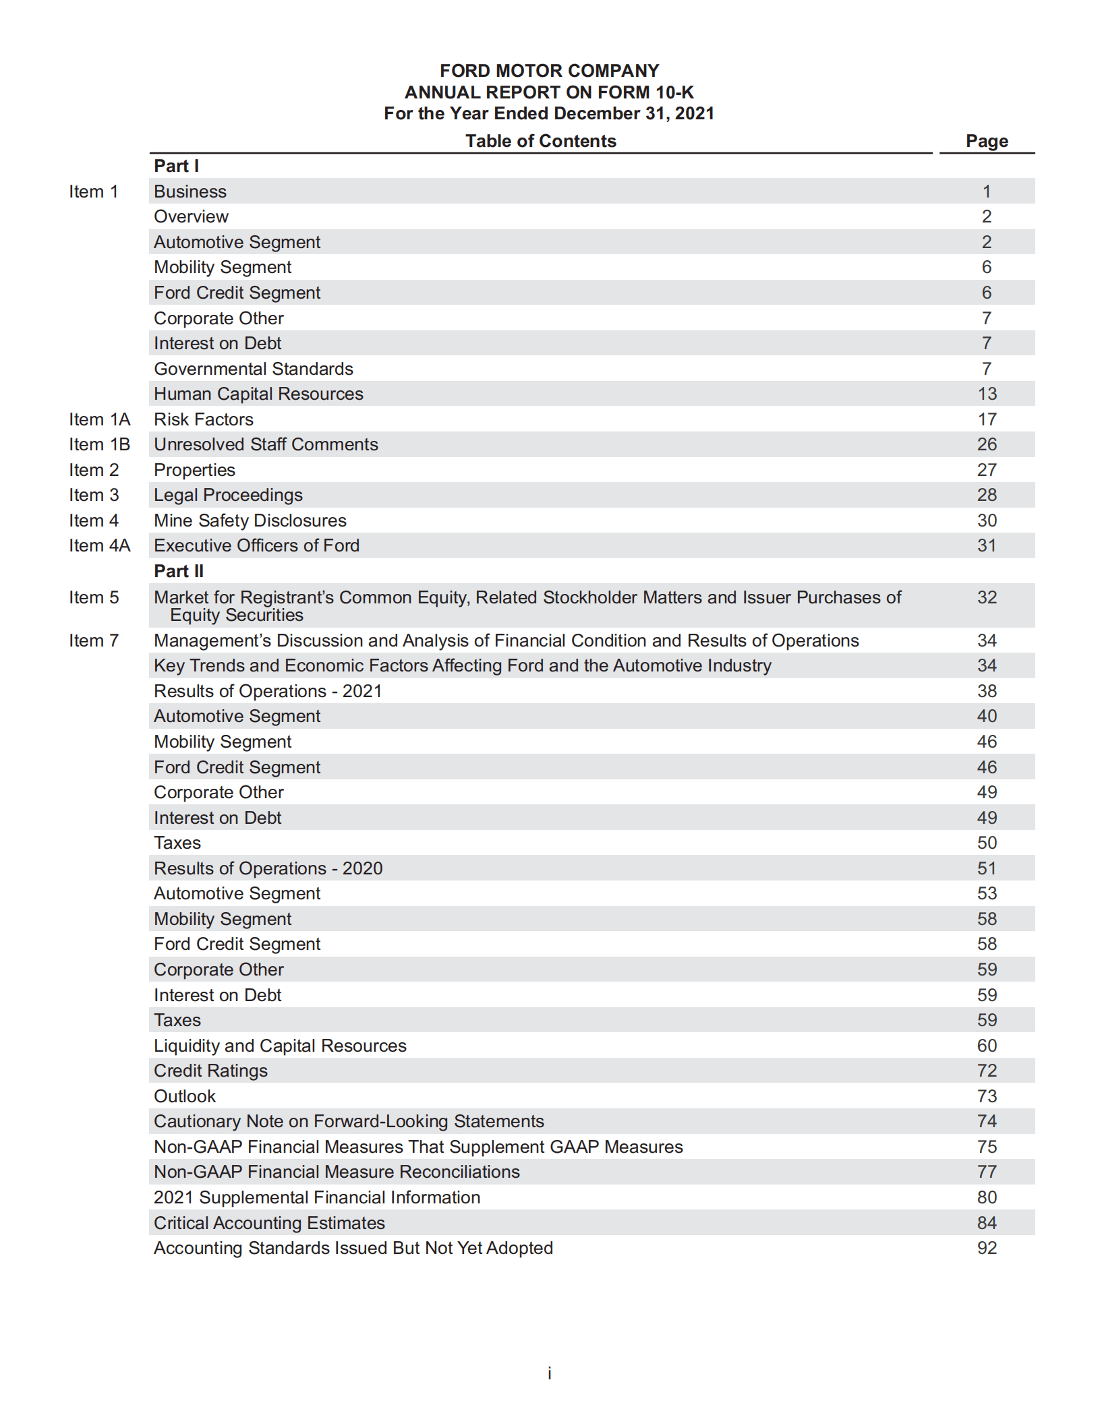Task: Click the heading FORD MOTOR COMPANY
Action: [x=549, y=71]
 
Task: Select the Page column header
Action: [x=986, y=141]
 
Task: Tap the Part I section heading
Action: [x=176, y=166]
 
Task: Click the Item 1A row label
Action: [x=99, y=419]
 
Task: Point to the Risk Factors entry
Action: [x=203, y=419]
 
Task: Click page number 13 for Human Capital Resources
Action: [x=987, y=394]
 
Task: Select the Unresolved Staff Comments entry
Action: [x=266, y=444]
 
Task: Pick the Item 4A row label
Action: [x=99, y=545]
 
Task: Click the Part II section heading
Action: [x=178, y=571]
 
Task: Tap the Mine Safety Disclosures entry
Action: [x=250, y=520]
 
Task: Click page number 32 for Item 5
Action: [x=987, y=597]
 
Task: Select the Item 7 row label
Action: [x=94, y=640]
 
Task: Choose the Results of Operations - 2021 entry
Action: [x=268, y=691]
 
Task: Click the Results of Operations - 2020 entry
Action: [x=268, y=868]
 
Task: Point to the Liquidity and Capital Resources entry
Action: [x=280, y=1046]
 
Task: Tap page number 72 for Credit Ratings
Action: [x=987, y=1071]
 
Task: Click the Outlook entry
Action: [x=185, y=1096]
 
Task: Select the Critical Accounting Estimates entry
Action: [x=269, y=1223]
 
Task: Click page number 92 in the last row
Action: [x=987, y=1248]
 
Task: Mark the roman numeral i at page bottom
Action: [x=550, y=1373]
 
